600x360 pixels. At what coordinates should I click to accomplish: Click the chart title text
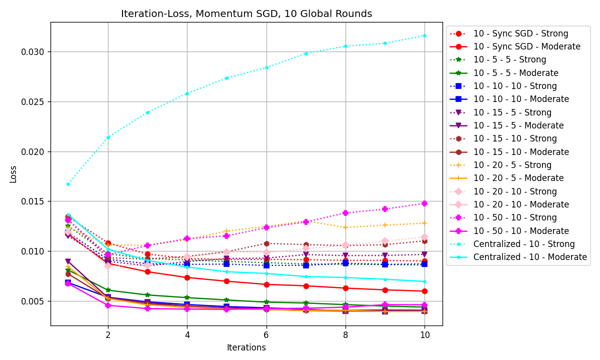(246, 14)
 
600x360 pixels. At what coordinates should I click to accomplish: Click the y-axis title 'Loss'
(13, 174)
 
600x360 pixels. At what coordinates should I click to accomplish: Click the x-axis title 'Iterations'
(246, 347)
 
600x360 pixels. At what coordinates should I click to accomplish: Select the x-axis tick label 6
(266, 334)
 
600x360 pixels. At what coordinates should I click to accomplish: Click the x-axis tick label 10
(424, 334)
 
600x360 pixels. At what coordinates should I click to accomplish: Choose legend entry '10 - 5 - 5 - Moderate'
(515, 73)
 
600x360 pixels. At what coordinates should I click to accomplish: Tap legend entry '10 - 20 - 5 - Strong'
(512, 165)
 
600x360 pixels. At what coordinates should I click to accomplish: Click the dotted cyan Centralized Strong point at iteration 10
(424, 35)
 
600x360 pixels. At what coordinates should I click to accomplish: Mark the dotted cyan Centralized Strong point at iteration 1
(68, 184)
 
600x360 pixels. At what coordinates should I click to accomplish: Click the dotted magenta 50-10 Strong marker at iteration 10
(424, 203)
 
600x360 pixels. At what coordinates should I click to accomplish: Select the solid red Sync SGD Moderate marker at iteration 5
(226, 281)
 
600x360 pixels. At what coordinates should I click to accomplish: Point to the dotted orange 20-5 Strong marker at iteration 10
(424, 223)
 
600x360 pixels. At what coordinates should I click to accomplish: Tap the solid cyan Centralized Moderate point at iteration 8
(345, 277)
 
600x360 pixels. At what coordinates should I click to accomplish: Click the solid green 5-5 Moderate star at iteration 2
(108, 290)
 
